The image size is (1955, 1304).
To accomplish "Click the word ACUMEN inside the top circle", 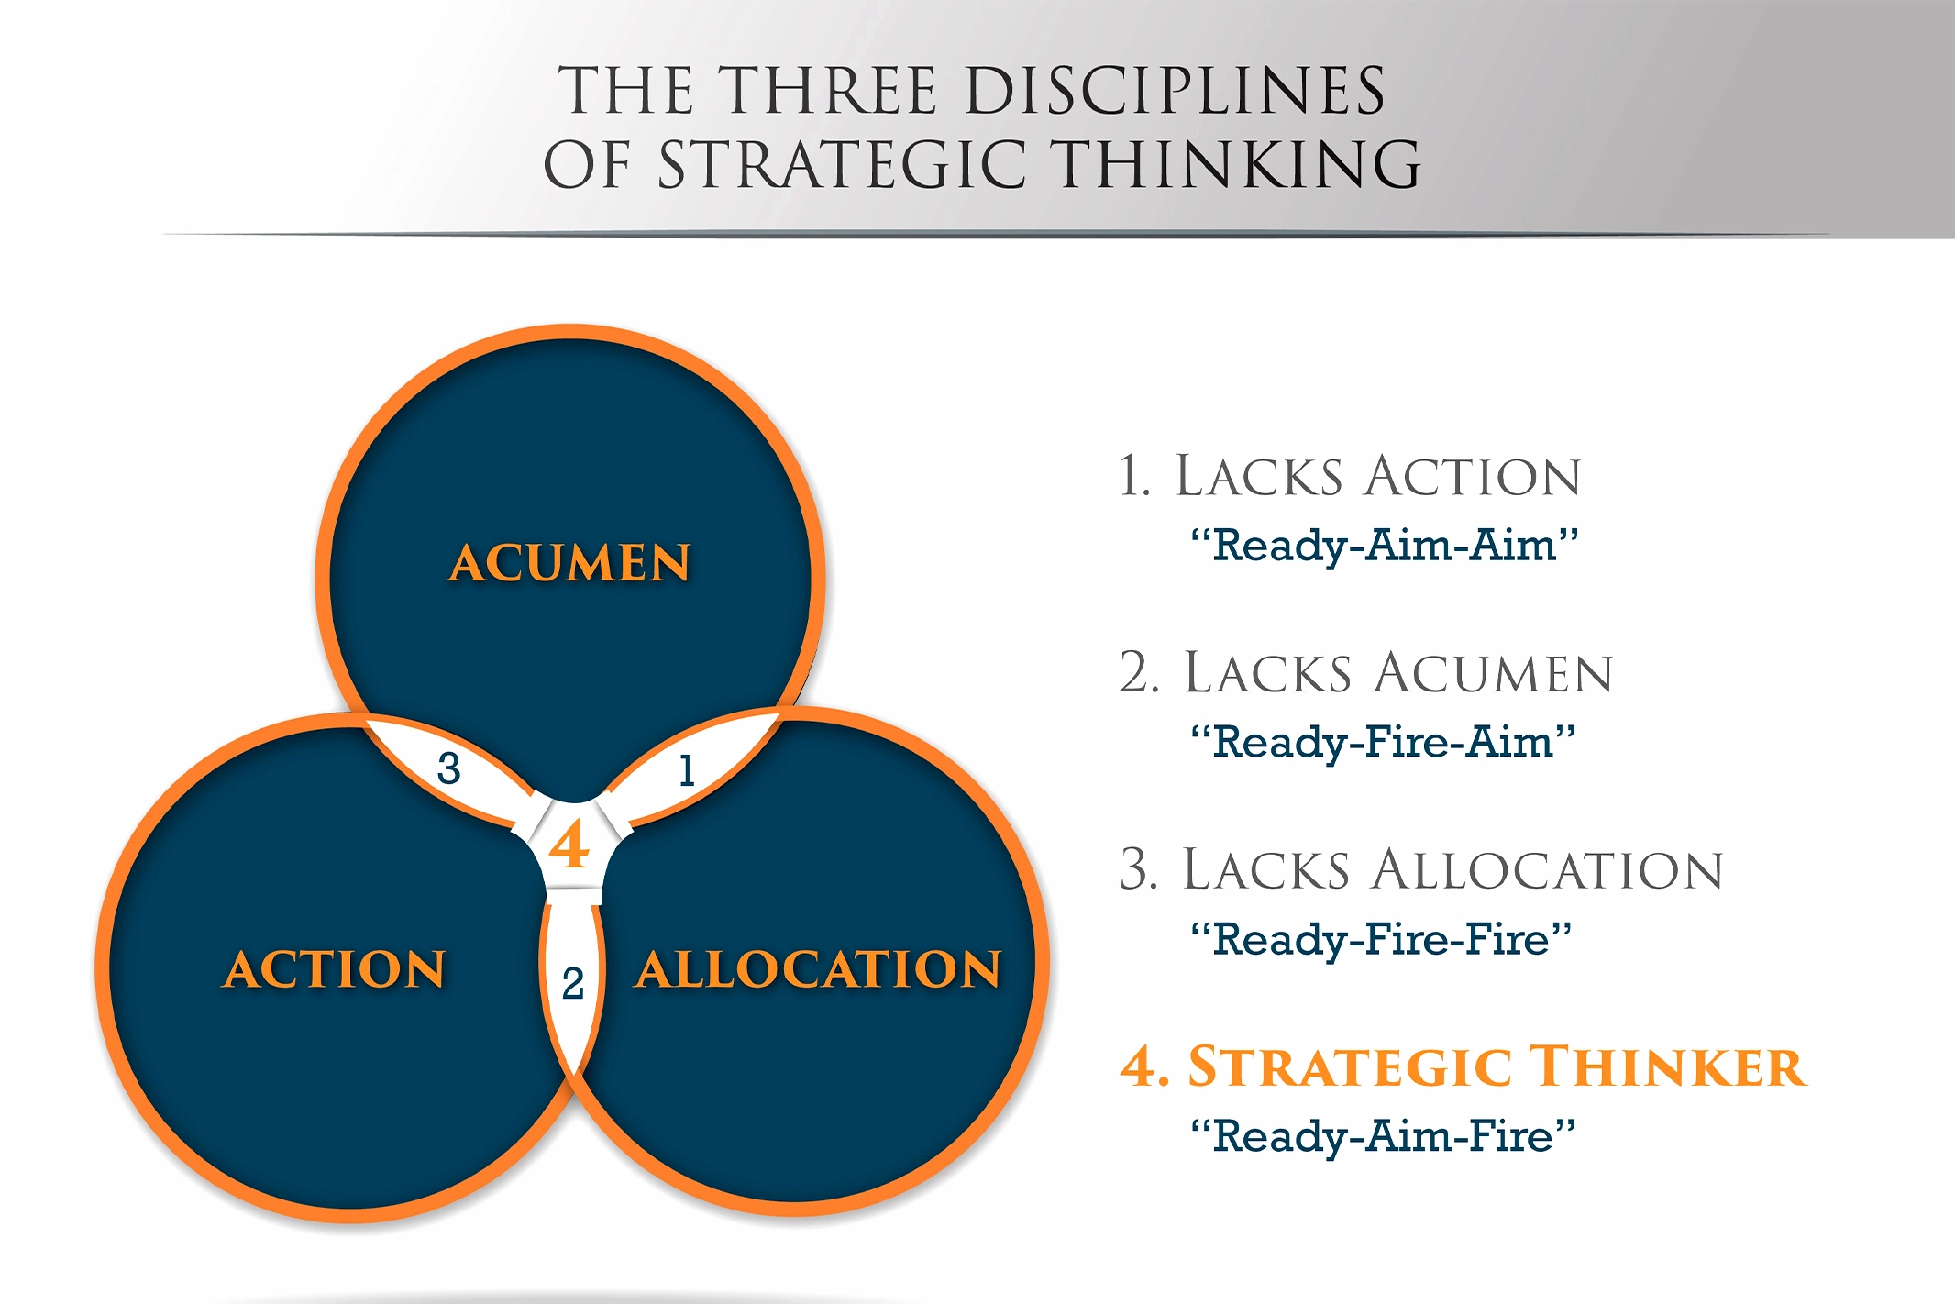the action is [x=569, y=563].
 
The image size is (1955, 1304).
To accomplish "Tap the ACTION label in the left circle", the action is [x=335, y=969].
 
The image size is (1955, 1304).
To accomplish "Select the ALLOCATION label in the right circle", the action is [x=818, y=969].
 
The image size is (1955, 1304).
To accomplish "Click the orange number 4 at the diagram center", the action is [x=569, y=844].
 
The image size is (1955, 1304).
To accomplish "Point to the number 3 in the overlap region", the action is [x=448, y=768].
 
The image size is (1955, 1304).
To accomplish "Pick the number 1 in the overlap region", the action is [x=686, y=770].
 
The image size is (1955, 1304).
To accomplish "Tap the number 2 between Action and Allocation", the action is [x=573, y=984].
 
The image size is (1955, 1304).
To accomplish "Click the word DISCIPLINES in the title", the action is [x=1176, y=91].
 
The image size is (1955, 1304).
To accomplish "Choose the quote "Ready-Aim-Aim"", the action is [x=1384, y=546].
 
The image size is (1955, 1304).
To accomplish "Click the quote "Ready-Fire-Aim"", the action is [x=1383, y=742].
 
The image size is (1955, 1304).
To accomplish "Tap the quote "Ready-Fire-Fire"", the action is [x=1381, y=939].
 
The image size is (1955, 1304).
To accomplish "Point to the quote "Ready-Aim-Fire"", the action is [x=1383, y=1136].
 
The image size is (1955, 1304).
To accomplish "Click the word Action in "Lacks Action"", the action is [x=1473, y=477].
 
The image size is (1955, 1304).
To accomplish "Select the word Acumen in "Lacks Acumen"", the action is [x=1493, y=673].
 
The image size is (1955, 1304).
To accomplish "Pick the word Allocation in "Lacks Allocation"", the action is [x=1548, y=870].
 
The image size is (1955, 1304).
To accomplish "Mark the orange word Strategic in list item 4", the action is [x=1350, y=1066].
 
